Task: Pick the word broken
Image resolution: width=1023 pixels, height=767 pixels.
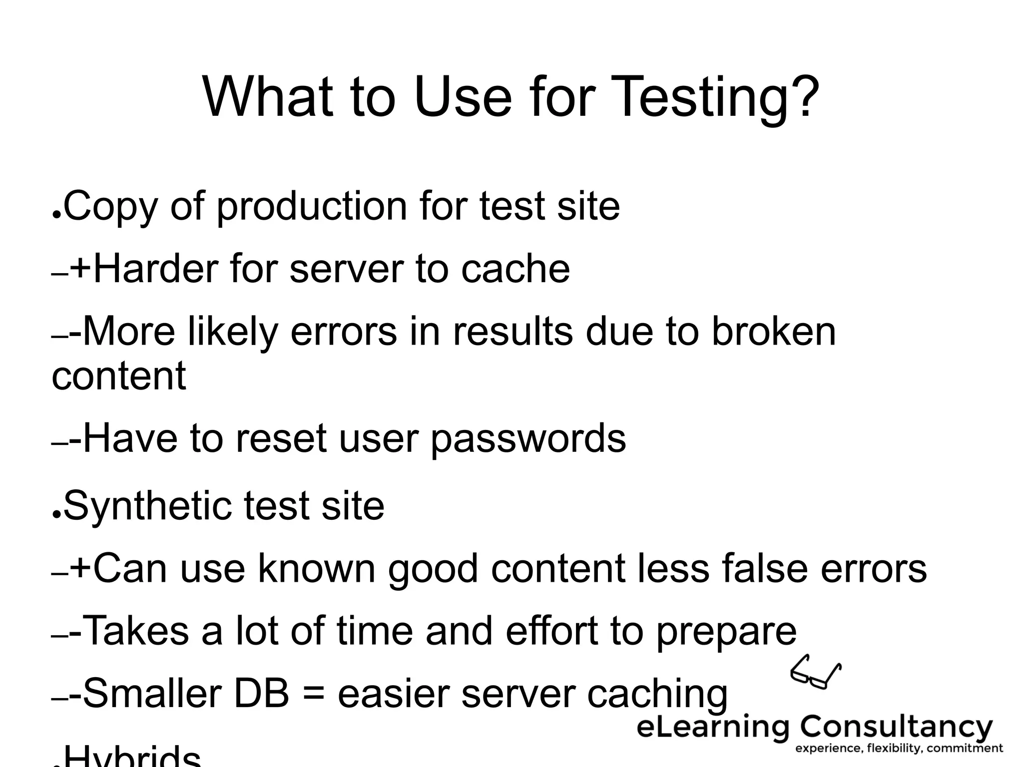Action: tap(773, 332)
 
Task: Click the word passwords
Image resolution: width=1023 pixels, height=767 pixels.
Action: tap(528, 438)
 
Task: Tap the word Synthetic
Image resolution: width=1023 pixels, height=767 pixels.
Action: tap(147, 506)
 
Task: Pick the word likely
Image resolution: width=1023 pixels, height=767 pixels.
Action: tap(232, 333)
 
